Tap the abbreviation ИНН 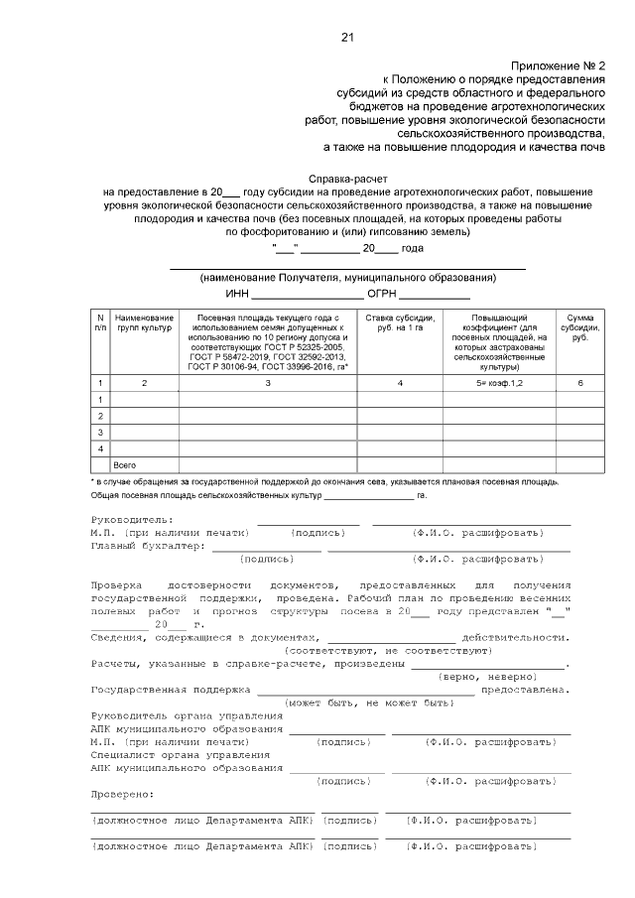pyautogui.click(x=236, y=294)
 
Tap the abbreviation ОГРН pyautogui.click(x=383, y=294)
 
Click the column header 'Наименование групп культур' pyautogui.click(x=144, y=322)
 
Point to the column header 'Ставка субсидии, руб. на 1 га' pyautogui.click(x=399, y=322)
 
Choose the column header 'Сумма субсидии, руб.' pyautogui.click(x=578, y=327)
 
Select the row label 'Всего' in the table pyautogui.click(x=125, y=464)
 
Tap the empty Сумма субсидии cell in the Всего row pyautogui.click(x=578, y=464)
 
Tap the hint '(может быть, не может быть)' pyautogui.click(x=368, y=702)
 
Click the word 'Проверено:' pyautogui.click(x=122, y=794)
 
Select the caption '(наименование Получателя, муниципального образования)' pyautogui.click(x=347, y=277)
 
